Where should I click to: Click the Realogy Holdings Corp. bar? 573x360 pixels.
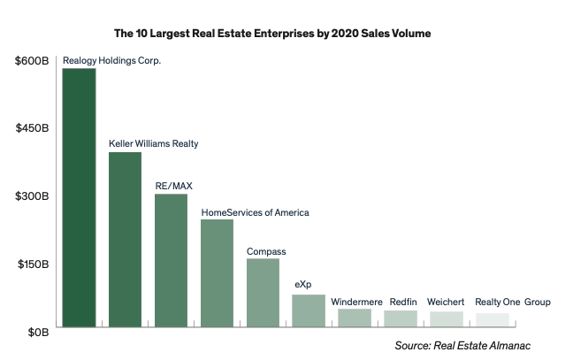click(79, 198)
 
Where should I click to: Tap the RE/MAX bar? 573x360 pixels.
click(171, 262)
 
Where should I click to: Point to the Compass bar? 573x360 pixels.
click(263, 294)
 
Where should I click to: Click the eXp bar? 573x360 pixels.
click(309, 311)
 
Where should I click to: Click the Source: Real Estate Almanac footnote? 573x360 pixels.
click(468, 344)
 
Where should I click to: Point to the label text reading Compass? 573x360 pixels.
click(266, 251)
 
